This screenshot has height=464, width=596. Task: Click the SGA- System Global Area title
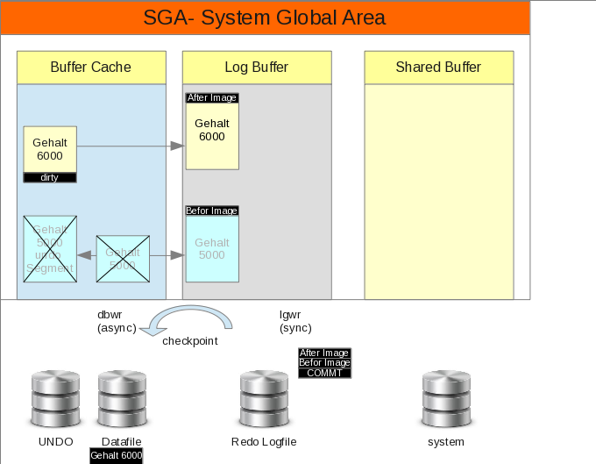(x=265, y=18)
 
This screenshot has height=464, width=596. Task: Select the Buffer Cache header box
(x=91, y=68)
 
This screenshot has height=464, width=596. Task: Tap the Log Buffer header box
(x=257, y=68)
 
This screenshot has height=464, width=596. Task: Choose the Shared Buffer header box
(x=438, y=68)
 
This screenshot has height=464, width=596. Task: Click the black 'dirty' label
(x=49, y=177)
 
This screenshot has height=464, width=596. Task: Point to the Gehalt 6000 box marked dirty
(x=49, y=149)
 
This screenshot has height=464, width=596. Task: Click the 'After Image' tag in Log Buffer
(x=212, y=98)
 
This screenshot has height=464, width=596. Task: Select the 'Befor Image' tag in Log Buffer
(x=212, y=211)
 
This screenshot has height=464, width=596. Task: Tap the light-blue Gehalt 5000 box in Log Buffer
(x=212, y=249)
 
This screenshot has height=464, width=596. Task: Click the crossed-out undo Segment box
(x=49, y=249)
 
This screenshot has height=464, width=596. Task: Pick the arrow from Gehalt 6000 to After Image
(x=131, y=147)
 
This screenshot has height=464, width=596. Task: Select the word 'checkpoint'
(x=189, y=340)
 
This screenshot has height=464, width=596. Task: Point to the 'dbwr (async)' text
(x=116, y=321)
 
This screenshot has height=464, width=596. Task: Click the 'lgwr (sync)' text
(x=295, y=321)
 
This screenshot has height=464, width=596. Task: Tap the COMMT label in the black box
(x=324, y=373)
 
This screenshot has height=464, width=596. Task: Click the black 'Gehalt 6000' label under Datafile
(x=117, y=456)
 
